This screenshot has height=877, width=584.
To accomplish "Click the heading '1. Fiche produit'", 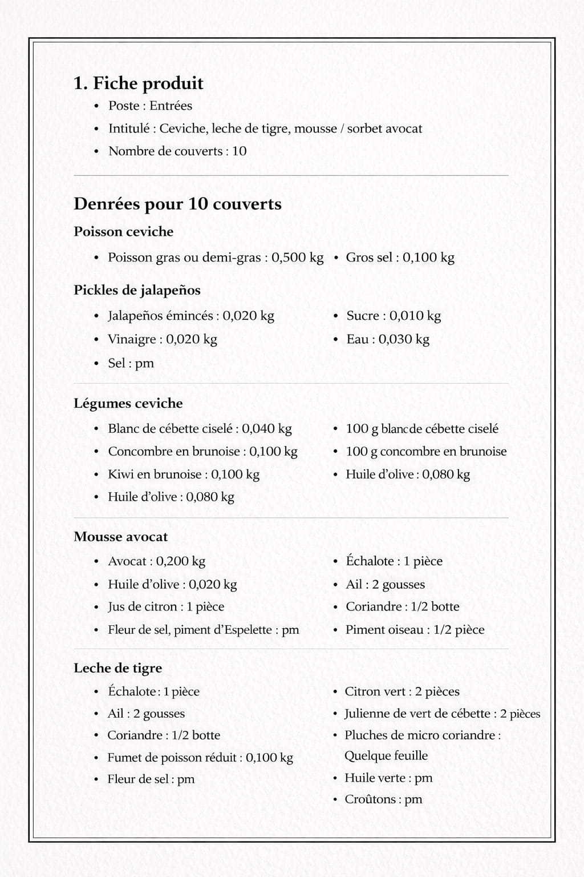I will tap(139, 83).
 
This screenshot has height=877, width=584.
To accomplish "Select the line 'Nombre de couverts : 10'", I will tap(177, 151).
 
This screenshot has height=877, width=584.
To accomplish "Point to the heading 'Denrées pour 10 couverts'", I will tap(177, 204).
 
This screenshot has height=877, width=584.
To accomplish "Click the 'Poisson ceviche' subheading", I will tap(123, 232).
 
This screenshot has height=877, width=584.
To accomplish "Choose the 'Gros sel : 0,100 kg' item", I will tap(400, 258).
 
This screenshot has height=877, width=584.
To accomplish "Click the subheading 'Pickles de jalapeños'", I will tap(137, 290).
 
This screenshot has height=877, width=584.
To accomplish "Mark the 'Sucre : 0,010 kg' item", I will tap(394, 316).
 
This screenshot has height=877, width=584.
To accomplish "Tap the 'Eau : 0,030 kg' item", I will tap(388, 339).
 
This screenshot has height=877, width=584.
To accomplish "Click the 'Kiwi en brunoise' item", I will tap(183, 474).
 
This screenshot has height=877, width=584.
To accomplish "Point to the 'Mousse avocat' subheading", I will tap(120, 537).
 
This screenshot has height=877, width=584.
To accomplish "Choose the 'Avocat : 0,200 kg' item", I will tap(156, 561).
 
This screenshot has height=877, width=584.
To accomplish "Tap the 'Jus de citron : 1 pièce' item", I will tap(166, 607).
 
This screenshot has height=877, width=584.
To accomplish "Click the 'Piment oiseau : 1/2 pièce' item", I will tap(415, 630).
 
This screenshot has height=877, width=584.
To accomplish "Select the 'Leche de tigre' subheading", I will tap(117, 668).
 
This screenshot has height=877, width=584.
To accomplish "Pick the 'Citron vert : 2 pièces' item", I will tap(401, 691).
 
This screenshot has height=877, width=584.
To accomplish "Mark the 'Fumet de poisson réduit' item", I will tap(200, 758).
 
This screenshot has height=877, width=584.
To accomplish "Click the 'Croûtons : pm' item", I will tap(383, 799).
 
